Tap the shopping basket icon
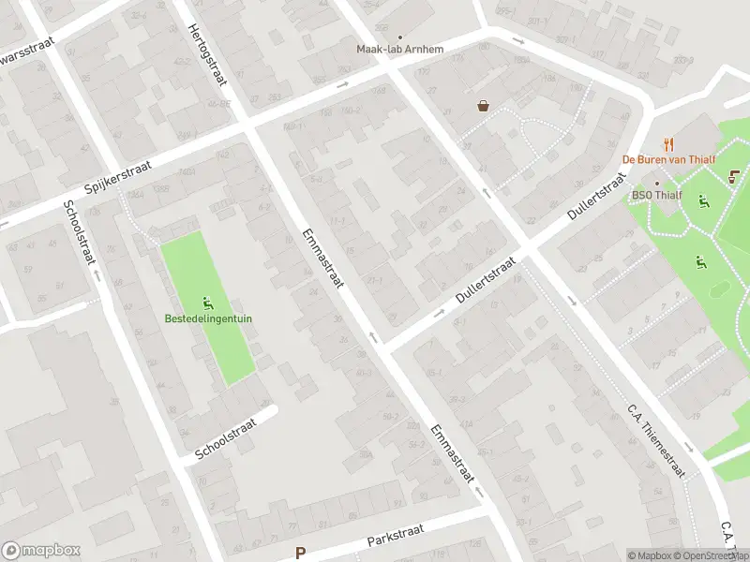483,106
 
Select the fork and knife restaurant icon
667,144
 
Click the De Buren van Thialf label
670,160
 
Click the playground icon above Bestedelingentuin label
207,303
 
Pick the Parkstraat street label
395,534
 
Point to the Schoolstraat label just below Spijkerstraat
79,233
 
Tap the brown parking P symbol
301,554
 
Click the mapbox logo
41,551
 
